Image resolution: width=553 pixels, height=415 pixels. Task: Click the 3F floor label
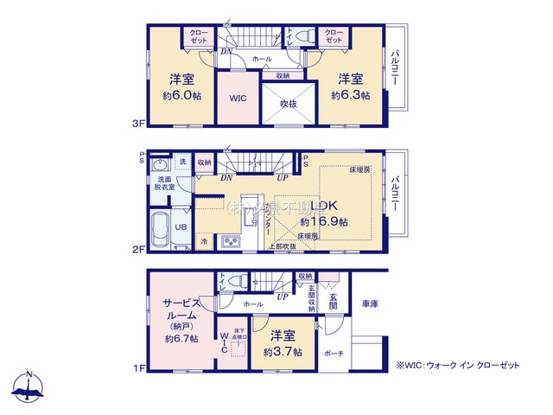click(137, 124)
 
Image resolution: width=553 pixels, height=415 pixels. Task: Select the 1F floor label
click(137, 367)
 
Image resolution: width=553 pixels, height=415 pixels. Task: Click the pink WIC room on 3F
click(238, 99)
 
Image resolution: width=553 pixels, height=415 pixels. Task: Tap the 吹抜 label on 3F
click(289, 104)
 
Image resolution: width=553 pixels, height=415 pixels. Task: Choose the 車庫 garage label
click(370, 304)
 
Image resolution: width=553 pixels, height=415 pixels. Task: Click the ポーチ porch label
click(334, 354)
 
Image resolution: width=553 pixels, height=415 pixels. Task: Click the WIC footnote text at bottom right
click(458, 366)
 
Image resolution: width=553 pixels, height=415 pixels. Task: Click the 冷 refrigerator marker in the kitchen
click(204, 243)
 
